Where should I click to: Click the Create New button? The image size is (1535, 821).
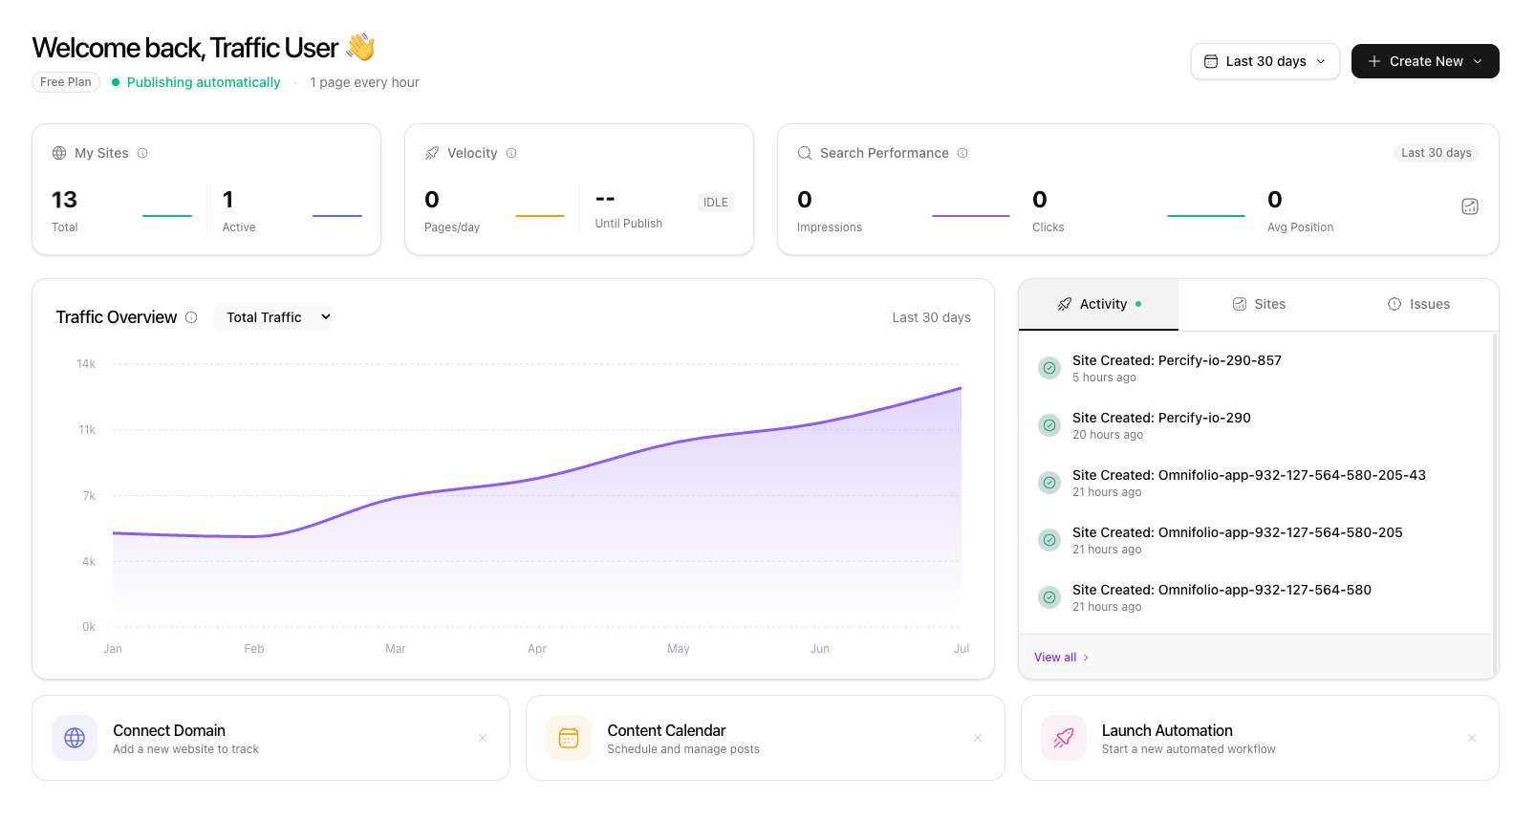[x=1424, y=61]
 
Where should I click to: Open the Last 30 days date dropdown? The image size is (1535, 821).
[x=1265, y=61]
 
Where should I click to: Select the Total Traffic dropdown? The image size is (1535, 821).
[x=273, y=317]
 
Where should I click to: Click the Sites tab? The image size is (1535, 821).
[x=1259, y=304]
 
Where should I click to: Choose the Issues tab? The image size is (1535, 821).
[x=1418, y=304]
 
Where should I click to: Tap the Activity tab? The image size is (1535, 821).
[x=1098, y=304]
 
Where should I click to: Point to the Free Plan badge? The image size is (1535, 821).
[x=66, y=82]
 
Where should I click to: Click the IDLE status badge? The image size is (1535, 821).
[x=715, y=203]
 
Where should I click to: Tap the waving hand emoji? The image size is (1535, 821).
[x=360, y=47]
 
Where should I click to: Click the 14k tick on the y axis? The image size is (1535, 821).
[x=86, y=364]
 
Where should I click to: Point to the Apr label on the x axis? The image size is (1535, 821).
[x=537, y=649]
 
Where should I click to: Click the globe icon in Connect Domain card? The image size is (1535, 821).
[x=75, y=738]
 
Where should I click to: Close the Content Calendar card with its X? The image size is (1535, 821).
[x=978, y=738]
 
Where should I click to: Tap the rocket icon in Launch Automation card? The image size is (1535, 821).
[x=1063, y=738]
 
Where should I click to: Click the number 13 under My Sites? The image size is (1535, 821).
[x=64, y=200]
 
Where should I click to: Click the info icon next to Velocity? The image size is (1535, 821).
[x=511, y=153]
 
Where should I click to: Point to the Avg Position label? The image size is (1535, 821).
[x=1300, y=227]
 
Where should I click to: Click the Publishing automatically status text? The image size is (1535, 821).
[x=204, y=82]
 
